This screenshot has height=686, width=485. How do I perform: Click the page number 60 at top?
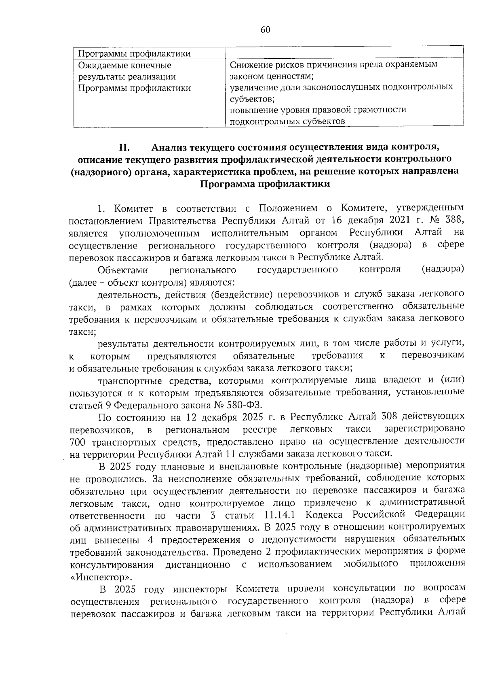[265, 30]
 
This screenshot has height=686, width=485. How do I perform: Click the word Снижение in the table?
[248, 65]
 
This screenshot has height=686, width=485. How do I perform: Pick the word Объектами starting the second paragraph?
[123, 270]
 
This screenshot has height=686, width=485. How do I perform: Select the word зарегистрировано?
[424, 429]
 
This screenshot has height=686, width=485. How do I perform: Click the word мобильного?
[371, 564]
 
